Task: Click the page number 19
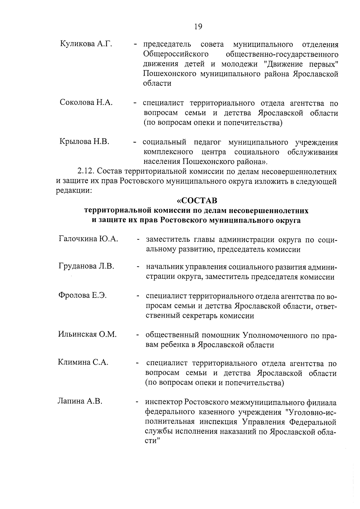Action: coord(198,27)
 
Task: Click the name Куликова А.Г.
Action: coord(86,44)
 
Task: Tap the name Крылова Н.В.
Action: coord(84,141)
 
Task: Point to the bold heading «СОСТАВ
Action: coord(197,200)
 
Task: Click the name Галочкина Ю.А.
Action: coord(88,239)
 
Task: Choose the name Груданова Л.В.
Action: coord(86,266)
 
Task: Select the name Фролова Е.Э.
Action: coord(82,295)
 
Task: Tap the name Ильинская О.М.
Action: coord(87,334)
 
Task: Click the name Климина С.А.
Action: coord(83,362)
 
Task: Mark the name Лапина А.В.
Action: coord(80,401)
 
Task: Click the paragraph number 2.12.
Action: coord(86,172)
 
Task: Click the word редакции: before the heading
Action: coord(74,191)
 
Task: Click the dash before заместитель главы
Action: coord(138,240)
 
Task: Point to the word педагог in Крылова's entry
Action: coord(207,142)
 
